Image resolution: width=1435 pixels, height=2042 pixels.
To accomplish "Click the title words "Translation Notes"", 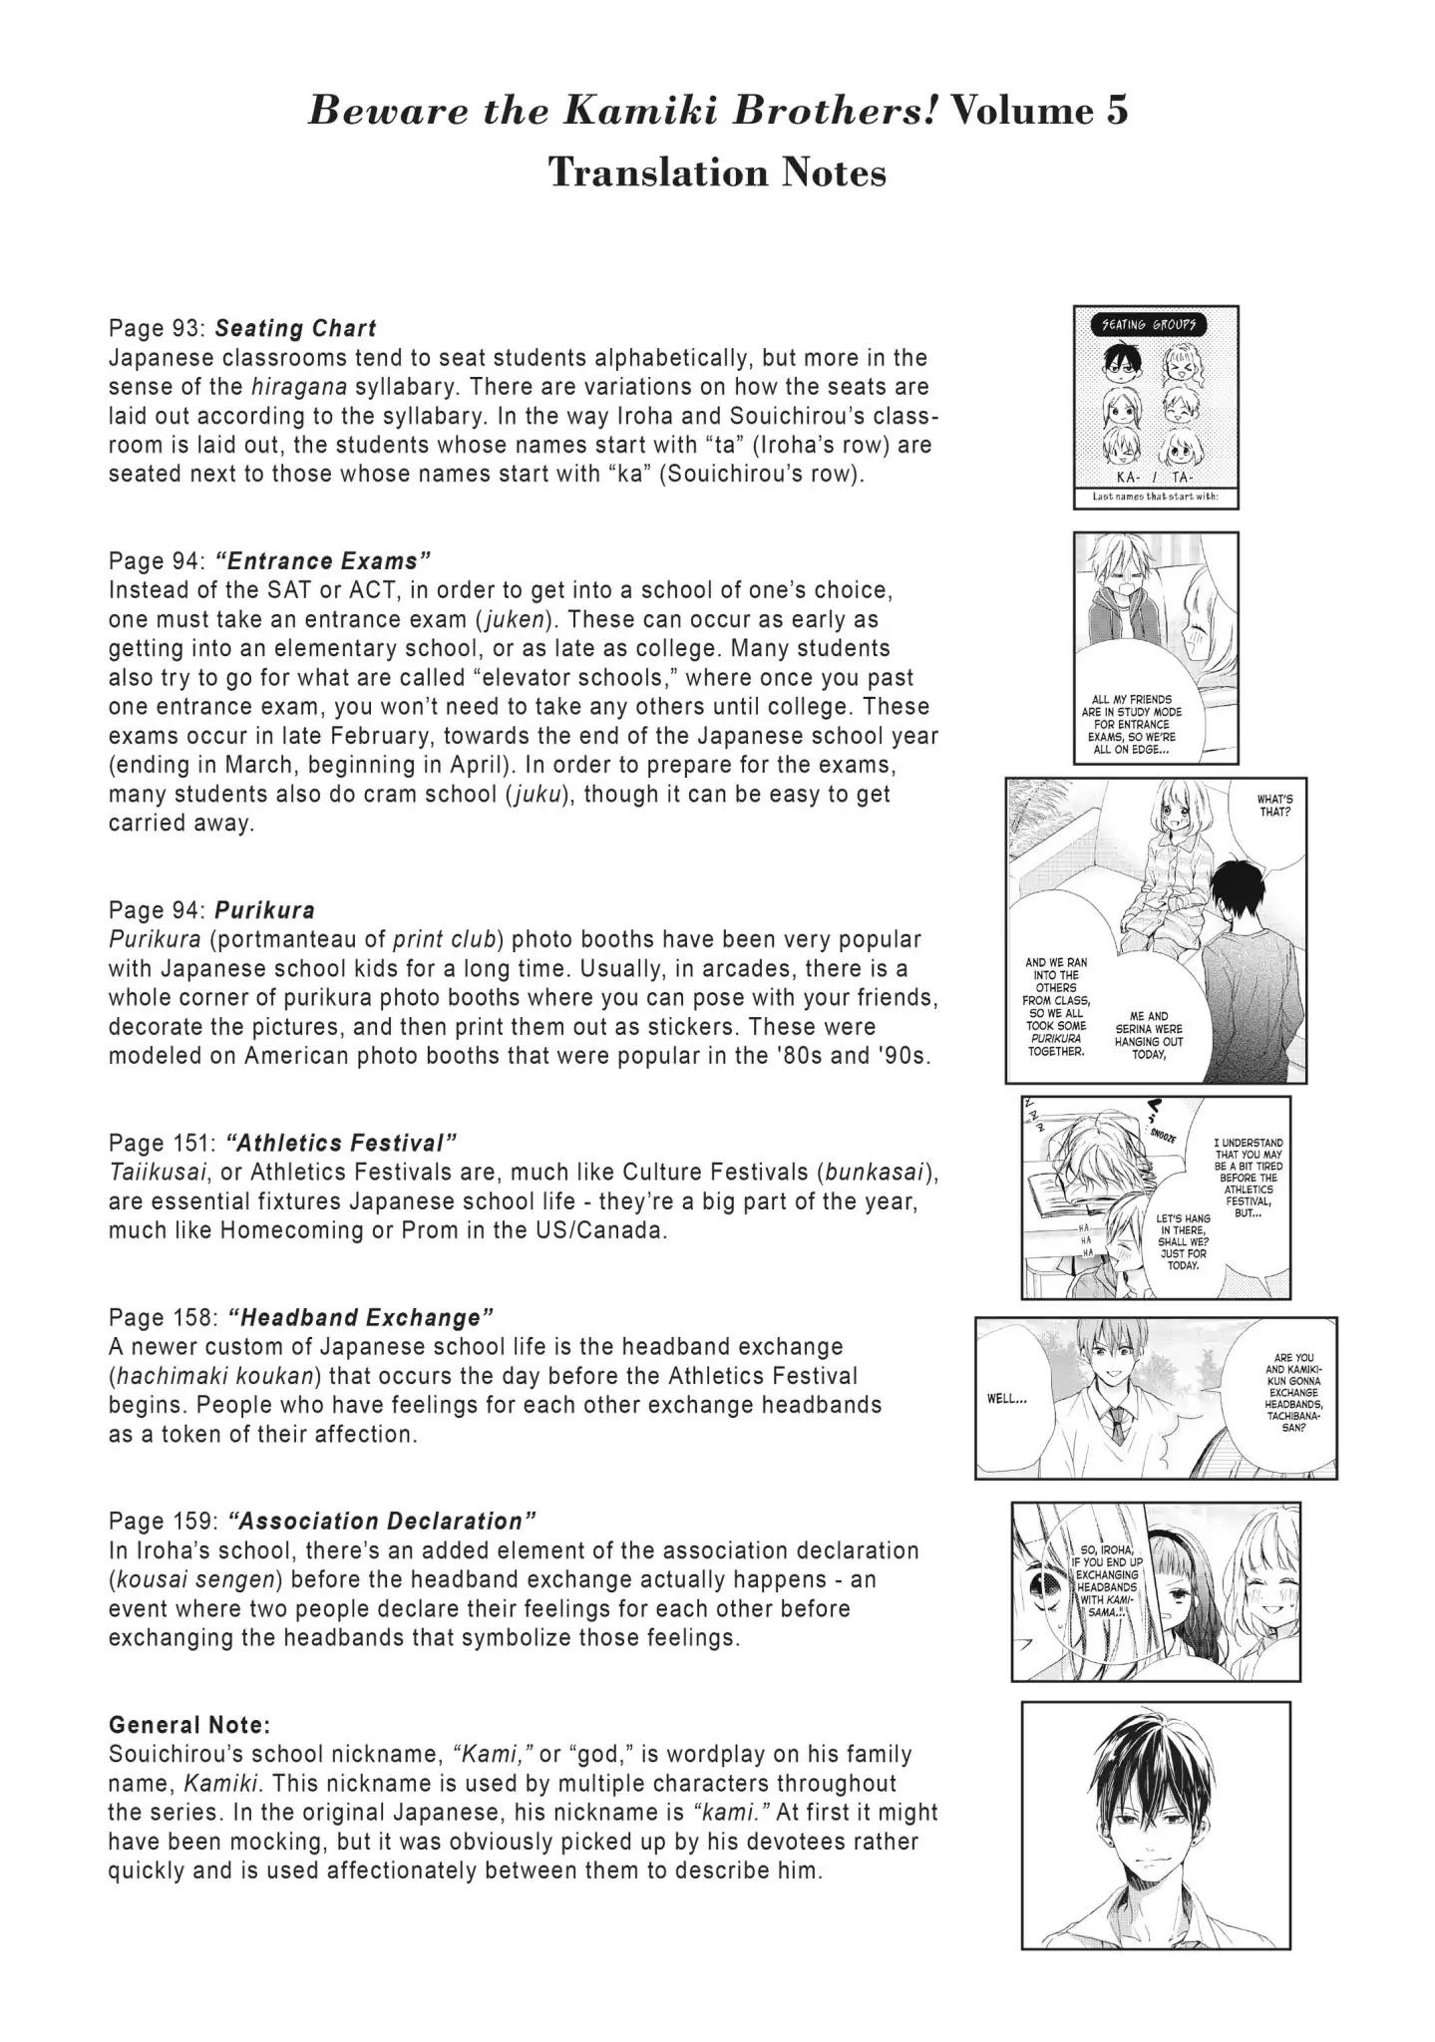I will click(717, 172).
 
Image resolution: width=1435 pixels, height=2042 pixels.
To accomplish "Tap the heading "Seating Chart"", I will click(295, 328).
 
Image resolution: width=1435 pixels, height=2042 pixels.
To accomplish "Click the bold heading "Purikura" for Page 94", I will click(264, 909).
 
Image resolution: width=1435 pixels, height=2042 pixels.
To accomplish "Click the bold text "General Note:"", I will click(189, 1724).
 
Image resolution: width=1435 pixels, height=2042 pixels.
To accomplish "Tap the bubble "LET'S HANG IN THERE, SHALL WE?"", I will click(1184, 1241).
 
